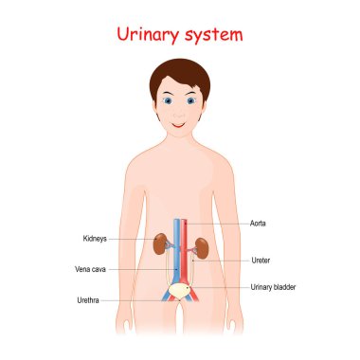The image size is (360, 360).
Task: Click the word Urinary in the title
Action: coord(147,36)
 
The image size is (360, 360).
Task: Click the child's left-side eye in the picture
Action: coord(168,100)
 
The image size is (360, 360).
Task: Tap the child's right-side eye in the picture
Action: coord(193,100)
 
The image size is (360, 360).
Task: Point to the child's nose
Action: coord(180,112)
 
